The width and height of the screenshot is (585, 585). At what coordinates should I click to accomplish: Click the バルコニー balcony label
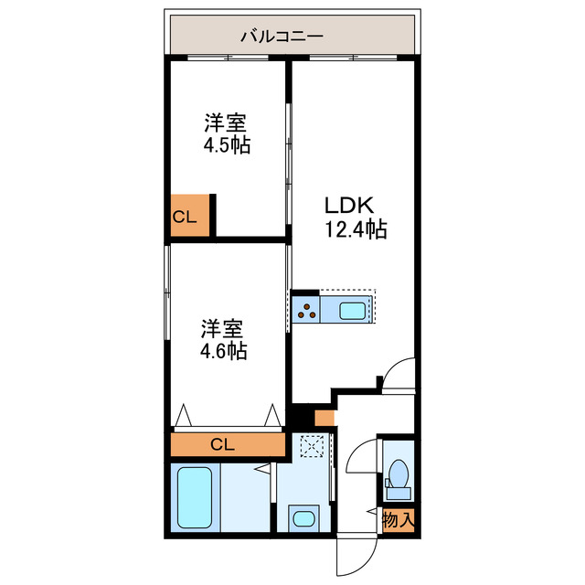[282, 37]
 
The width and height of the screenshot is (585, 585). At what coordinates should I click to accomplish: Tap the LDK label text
[349, 205]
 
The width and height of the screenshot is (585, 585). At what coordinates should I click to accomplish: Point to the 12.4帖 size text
[356, 229]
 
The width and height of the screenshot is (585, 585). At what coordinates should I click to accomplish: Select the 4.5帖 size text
[227, 145]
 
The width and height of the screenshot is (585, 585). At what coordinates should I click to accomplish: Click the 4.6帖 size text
[223, 351]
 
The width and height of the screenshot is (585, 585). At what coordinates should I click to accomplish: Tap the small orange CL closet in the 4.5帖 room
[190, 216]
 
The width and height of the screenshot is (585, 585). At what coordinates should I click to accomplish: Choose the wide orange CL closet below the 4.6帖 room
[228, 444]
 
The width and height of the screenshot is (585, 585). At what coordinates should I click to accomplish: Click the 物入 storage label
[399, 519]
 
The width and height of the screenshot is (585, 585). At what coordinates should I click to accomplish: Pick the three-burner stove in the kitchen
[306, 309]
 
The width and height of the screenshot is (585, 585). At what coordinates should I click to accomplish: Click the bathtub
[195, 497]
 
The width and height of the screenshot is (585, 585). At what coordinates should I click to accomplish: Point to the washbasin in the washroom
[304, 518]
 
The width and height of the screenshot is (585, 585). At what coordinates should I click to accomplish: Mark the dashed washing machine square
[312, 445]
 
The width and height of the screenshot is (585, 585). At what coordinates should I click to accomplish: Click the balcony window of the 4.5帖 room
[228, 58]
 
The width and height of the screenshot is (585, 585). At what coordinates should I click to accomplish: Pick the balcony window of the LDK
[353, 58]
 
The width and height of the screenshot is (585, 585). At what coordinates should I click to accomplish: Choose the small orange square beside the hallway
[324, 418]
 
